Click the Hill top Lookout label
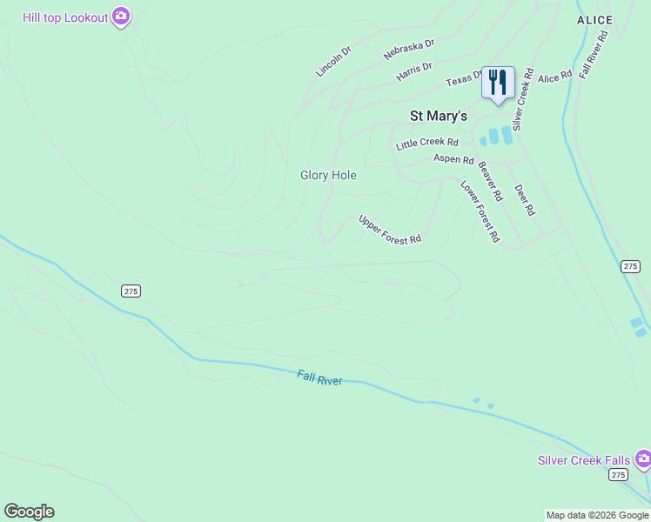[x=65, y=17]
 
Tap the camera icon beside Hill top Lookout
[x=121, y=17]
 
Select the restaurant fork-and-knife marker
[x=498, y=84]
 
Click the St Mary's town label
[x=439, y=116]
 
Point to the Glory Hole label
[x=328, y=175]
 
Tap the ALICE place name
[x=594, y=20]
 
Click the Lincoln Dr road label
[x=333, y=62]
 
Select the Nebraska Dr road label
[x=408, y=49]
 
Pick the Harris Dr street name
[x=413, y=71]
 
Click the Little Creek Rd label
[x=426, y=143]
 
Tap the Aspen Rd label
[x=453, y=160]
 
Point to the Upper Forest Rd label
[x=390, y=229]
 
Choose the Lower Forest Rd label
[x=480, y=211]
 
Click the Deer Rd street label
[x=524, y=200]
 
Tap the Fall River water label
[x=319, y=378]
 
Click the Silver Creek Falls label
[x=584, y=460]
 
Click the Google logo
[x=29, y=512]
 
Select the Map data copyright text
[x=597, y=515]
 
